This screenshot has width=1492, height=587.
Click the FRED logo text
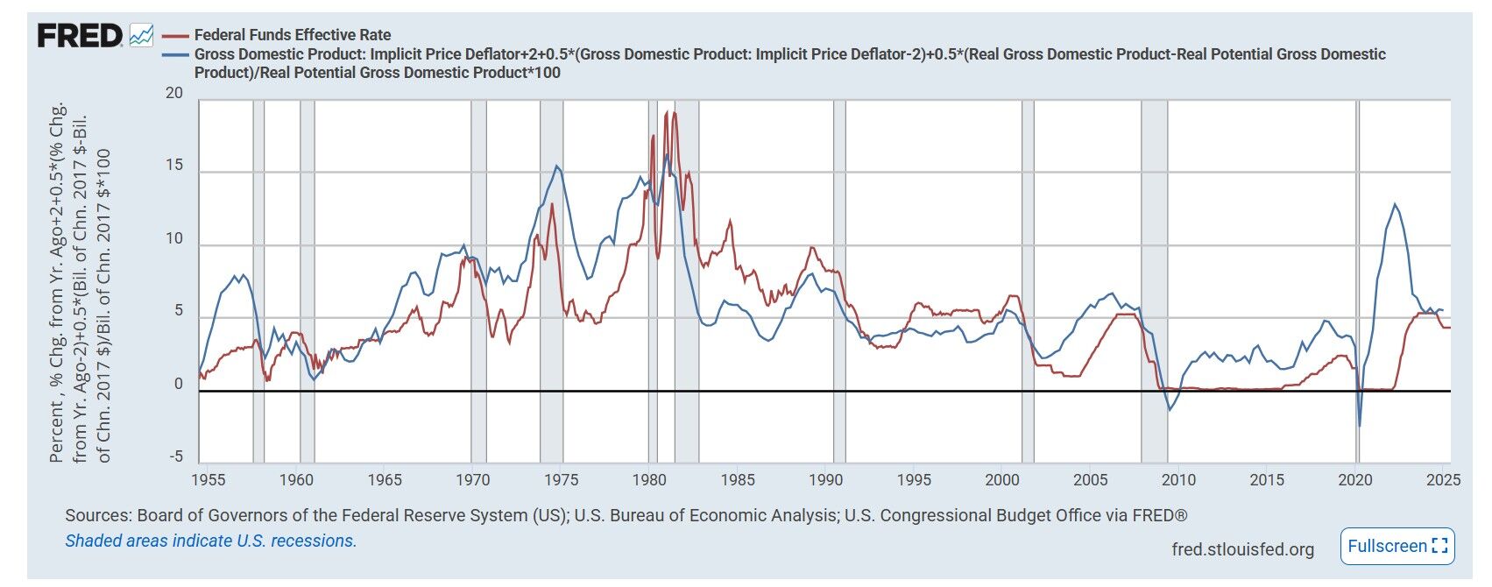click(x=79, y=36)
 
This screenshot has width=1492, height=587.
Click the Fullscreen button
click(x=1397, y=546)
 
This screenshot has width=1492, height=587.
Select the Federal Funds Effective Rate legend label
click(x=293, y=35)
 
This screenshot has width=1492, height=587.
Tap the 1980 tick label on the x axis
click(x=649, y=479)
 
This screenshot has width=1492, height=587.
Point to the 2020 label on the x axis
click(x=1355, y=479)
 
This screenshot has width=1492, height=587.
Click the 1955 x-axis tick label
click(x=208, y=479)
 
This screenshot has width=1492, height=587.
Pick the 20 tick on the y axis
click(x=174, y=94)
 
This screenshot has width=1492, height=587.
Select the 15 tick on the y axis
click(x=174, y=166)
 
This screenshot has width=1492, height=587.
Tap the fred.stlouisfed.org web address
click(x=1242, y=549)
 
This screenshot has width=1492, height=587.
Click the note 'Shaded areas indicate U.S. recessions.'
click(x=211, y=541)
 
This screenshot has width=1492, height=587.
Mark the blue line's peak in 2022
click(x=1395, y=204)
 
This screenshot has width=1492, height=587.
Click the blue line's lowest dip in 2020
click(x=1360, y=426)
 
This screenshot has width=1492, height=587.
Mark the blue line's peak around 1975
click(x=557, y=166)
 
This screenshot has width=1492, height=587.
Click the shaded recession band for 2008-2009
click(x=1154, y=280)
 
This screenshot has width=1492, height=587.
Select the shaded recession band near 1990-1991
click(x=839, y=280)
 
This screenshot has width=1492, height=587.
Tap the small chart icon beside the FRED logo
click(x=141, y=36)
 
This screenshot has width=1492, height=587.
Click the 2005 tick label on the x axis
click(x=1091, y=479)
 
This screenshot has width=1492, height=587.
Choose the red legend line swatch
click(x=176, y=35)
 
